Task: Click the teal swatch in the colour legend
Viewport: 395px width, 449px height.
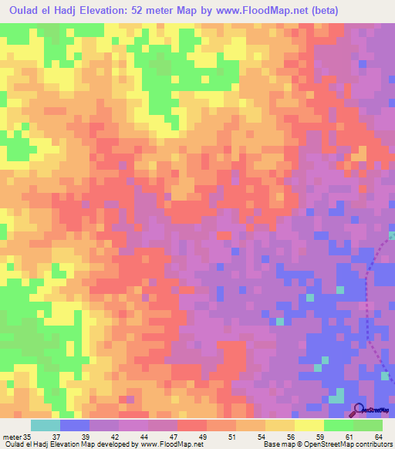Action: pyautogui.click(x=46, y=425)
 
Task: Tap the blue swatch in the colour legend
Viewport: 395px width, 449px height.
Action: pyautogui.click(x=75, y=425)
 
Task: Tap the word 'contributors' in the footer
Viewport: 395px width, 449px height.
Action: pyautogui.click(x=373, y=444)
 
